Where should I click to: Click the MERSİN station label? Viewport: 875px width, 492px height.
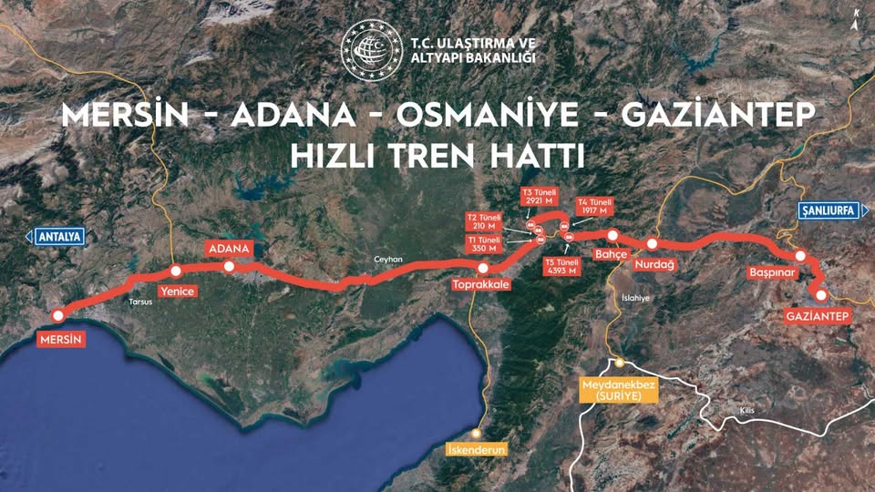pyautogui.click(x=61, y=340)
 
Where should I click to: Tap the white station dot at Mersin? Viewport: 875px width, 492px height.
pyautogui.click(x=58, y=315)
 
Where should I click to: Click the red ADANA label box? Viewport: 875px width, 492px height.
pyautogui.click(x=229, y=249)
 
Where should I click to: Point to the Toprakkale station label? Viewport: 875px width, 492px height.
pyautogui.click(x=480, y=285)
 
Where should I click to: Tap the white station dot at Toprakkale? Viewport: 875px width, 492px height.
pyautogui.click(x=483, y=268)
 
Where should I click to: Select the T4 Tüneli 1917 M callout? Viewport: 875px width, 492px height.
pyautogui.click(x=595, y=207)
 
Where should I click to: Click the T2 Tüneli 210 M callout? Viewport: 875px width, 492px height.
pyautogui.click(x=484, y=222)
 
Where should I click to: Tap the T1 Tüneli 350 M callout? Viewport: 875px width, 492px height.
pyautogui.click(x=484, y=244)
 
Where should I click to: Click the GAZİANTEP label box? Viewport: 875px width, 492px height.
pyautogui.click(x=817, y=316)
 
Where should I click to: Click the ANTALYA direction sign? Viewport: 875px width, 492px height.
pyautogui.click(x=58, y=237)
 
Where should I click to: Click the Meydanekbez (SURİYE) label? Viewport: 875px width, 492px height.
pyautogui.click(x=618, y=391)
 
